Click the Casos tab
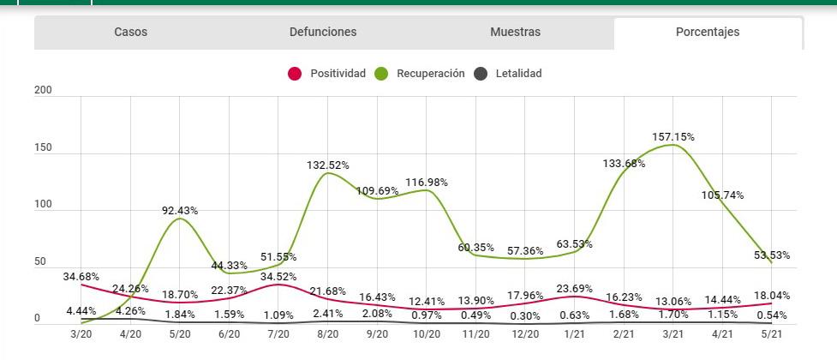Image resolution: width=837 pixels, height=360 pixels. coord(131,33)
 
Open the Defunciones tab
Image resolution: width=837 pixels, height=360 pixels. coord(323,33)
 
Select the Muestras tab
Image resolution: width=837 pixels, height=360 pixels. coord(515,33)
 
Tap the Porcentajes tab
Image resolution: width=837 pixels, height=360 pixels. coord(707,33)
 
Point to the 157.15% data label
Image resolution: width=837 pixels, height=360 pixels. coord(673,137)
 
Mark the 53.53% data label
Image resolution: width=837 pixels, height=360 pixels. coord(772,255)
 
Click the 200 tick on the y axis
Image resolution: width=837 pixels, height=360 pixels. coord(43,91)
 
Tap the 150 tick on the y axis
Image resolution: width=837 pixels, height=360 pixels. coord(43,148)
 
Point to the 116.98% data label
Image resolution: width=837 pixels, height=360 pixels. coord(427,183)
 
